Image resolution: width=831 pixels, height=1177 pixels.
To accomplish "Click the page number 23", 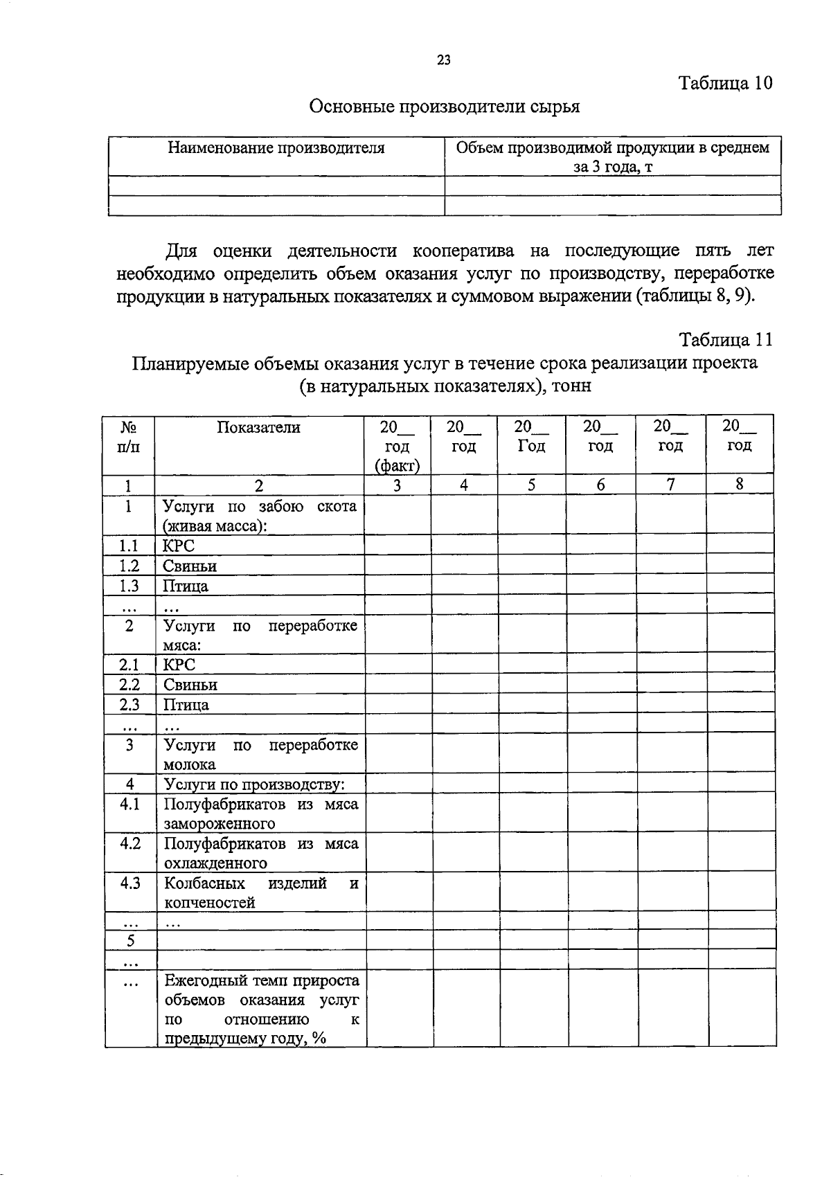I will (x=444, y=60).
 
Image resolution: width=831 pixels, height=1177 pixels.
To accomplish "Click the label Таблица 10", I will (x=725, y=83).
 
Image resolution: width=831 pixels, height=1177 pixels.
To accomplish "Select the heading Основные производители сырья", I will (x=443, y=107).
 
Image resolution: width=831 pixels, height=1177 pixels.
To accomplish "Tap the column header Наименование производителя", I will (x=276, y=147).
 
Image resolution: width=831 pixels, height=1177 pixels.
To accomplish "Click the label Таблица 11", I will (x=725, y=340).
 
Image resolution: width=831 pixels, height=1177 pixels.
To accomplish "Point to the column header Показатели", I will (x=259, y=427).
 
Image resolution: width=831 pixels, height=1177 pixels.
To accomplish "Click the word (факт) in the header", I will (x=397, y=465).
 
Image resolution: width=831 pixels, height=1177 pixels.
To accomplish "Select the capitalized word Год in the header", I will (x=531, y=447).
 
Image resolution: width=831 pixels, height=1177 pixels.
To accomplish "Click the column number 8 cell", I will (x=740, y=485).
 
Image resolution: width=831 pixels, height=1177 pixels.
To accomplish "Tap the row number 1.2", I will (x=129, y=566).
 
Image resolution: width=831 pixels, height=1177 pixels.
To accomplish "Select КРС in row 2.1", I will (x=179, y=665).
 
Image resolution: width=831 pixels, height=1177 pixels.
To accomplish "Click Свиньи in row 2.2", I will (x=190, y=685).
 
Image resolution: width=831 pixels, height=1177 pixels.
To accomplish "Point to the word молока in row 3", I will (x=190, y=764).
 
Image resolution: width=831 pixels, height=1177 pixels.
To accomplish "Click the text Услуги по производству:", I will (x=254, y=784).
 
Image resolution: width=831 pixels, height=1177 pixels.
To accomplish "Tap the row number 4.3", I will (x=129, y=883).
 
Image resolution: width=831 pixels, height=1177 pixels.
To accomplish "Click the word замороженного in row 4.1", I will (x=220, y=824).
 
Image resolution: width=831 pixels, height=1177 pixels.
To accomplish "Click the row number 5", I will (x=129, y=940).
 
